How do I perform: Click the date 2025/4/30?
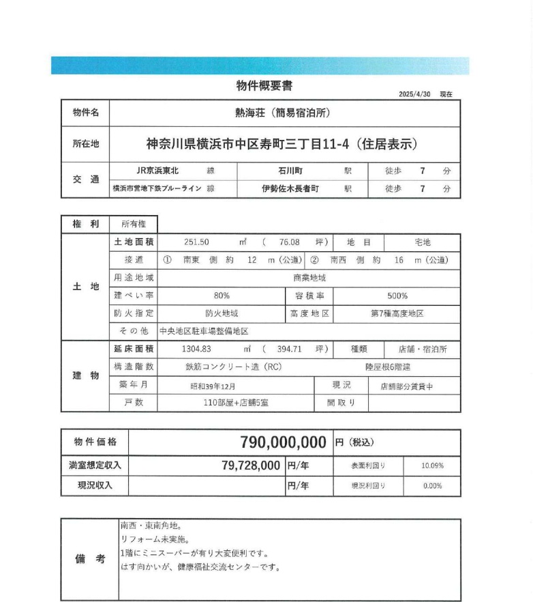(415, 94)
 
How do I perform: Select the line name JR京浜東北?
(158, 171)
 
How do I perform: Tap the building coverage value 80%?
(221, 296)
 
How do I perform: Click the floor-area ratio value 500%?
(397, 296)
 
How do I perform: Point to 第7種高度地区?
(397, 313)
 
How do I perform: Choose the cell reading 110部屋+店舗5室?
(236, 403)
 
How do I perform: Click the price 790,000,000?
(284, 442)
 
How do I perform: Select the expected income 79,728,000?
(252, 465)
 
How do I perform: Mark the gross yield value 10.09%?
(432, 465)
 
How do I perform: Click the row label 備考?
(90, 559)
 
